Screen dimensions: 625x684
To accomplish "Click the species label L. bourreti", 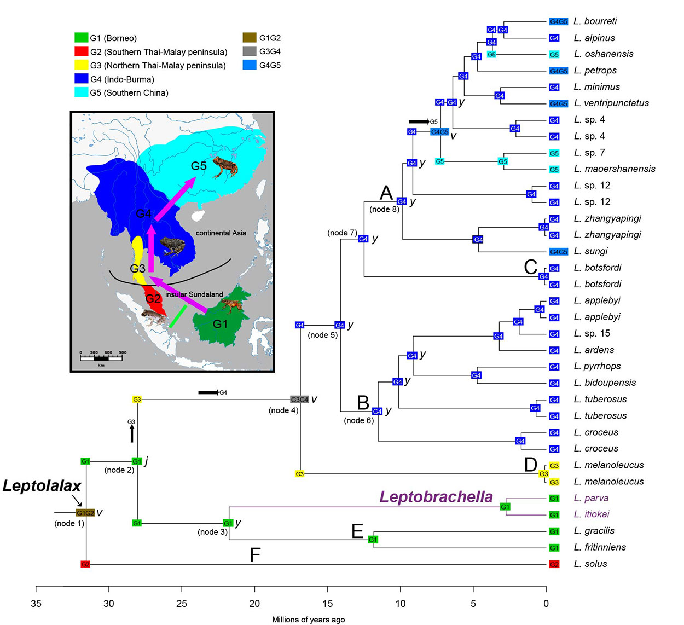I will pos(595,21).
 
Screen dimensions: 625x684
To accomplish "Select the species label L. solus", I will pos(590,564).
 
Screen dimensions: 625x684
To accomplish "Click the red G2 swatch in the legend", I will pos(81,52).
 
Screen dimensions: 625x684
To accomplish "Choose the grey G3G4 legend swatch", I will pos(250,51).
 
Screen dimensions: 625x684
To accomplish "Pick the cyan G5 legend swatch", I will pos(81,92).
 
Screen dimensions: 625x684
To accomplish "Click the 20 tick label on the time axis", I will pos(254,604).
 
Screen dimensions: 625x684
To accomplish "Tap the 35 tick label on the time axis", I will pos(36,604).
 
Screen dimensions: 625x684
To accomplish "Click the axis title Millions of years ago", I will pos(308,620).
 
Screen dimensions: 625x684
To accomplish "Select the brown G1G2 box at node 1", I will pos(85,513).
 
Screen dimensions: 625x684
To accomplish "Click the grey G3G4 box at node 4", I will pos(299,400).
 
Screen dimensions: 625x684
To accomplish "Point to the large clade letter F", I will pos(255,555).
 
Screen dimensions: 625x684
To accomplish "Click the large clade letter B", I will pos(363,403).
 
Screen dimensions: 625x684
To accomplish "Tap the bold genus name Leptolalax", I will pos(42,486).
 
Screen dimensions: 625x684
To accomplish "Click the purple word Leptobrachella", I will pos(436,496).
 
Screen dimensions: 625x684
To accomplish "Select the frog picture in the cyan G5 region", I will pos(225,166).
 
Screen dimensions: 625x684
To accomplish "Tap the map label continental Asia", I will pos(221,233).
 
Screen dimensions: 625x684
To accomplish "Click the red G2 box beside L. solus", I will pos(554,564).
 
